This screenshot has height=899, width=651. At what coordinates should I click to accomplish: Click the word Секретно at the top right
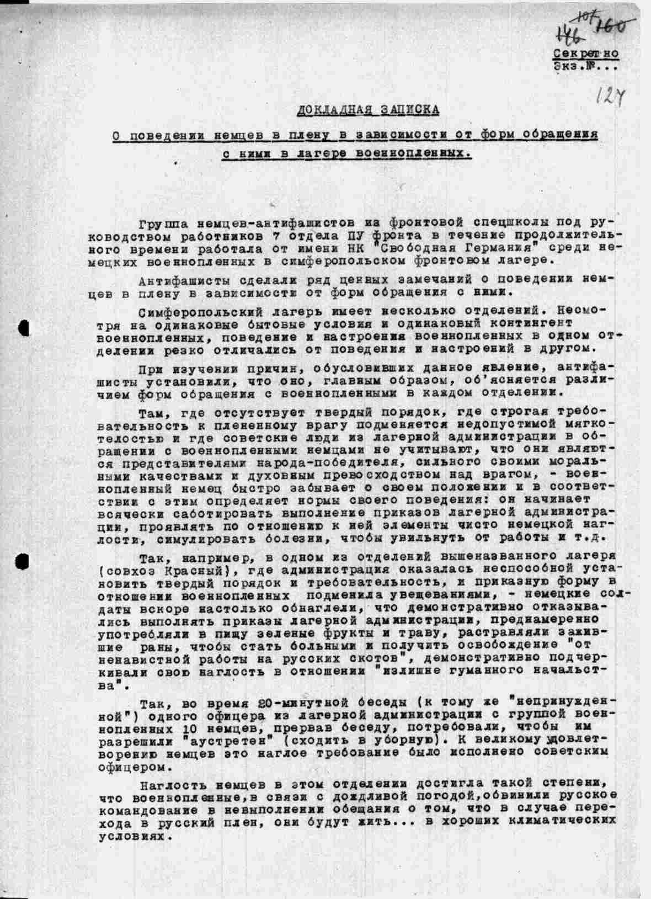point(586,54)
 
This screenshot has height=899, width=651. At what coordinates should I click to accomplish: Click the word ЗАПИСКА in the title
point(409,110)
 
